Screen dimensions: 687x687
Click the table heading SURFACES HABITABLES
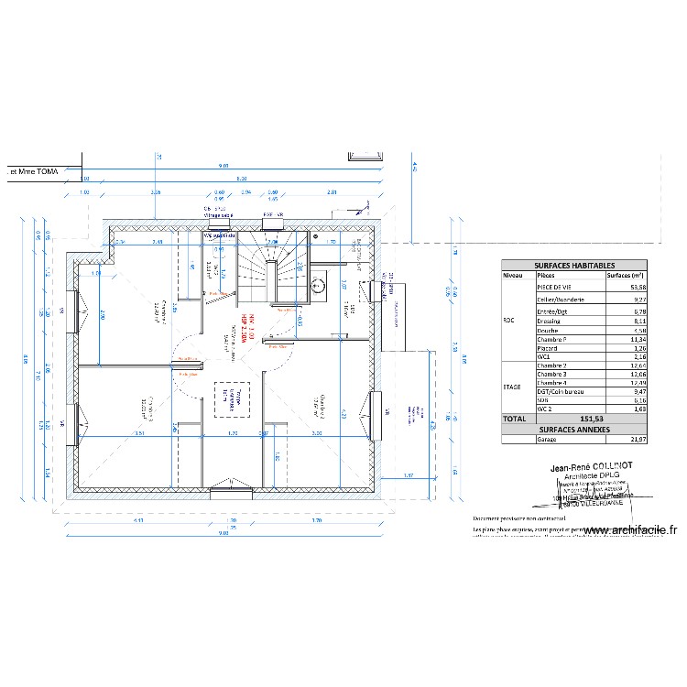[x=574, y=264]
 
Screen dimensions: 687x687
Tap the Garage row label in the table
[x=547, y=440]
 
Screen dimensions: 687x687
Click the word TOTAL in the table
[x=513, y=419]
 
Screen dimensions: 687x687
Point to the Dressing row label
[x=550, y=322]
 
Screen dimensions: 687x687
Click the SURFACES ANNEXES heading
[x=574, y=429]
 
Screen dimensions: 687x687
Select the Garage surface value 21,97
[x=637, y=440]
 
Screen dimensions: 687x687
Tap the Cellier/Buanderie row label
[x=561, y=299]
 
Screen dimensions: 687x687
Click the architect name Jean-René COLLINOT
[x=591, y=466]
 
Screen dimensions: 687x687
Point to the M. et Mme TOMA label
[x=32, y=170]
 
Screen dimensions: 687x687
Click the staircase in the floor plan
[x=272, y=267]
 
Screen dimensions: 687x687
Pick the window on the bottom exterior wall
[x=224, y=492]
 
